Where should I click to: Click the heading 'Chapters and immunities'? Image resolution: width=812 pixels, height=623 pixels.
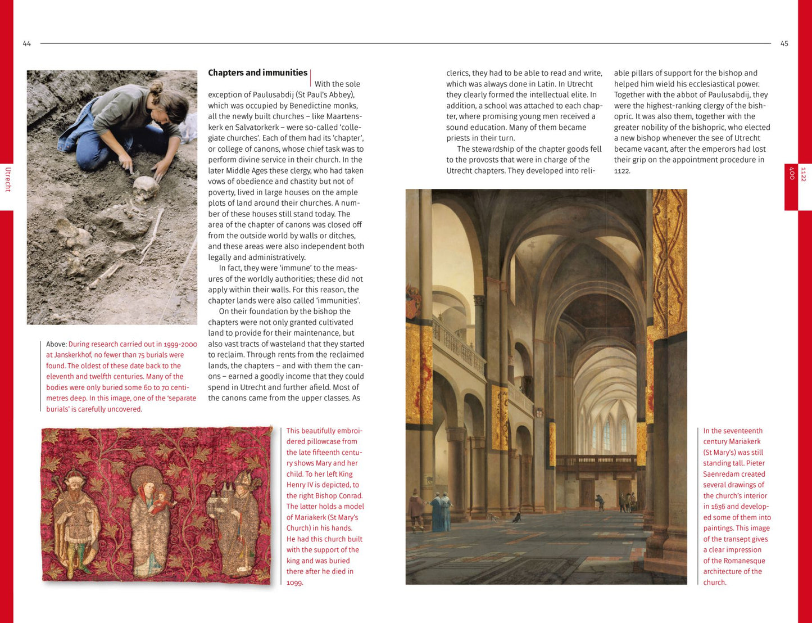[x=257, y=73]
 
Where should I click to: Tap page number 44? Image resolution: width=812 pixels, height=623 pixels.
[x=27, y=44]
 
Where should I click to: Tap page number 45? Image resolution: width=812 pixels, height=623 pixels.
[x=784, y=44]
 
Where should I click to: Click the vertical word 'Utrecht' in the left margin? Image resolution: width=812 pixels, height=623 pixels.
[x=8, y=179]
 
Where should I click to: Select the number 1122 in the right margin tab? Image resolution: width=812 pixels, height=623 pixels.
[x=804, y=174]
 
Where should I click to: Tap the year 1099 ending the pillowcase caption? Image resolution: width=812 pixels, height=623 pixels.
[x=294, y=583]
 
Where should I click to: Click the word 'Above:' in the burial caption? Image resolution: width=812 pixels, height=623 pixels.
[x=56, y=344]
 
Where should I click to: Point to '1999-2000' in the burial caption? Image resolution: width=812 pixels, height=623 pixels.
[x=180, y=344]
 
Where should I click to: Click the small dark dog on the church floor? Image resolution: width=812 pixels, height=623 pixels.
[x=516, y=518]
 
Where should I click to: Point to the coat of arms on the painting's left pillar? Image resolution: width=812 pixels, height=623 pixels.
[x=413, y=301]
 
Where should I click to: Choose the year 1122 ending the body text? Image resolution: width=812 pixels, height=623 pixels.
[x=622, y=171]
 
